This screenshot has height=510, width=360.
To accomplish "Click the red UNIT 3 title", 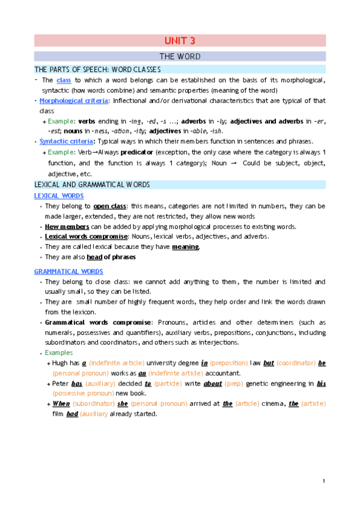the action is point(180,41).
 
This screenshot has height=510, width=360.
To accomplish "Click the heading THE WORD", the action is point(180,57).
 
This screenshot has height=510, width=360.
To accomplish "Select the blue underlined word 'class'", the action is point(64,81).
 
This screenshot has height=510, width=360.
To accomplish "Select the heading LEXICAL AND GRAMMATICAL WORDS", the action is point(92,184).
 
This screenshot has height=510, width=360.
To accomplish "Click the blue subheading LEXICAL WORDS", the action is point(59,196).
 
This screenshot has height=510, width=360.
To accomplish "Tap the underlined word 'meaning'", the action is point(185,247).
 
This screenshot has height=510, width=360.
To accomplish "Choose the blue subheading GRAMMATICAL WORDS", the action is point(69,271).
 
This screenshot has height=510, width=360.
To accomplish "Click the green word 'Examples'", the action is point(58,352).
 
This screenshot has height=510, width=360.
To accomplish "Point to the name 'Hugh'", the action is point(61,363).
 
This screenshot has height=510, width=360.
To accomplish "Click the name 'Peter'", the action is point(61,383).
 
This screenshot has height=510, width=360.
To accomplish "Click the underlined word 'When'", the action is point(61,404).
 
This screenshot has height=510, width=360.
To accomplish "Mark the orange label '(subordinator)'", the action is point(98,404).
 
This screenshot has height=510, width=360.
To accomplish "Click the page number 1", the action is point(323,481).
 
